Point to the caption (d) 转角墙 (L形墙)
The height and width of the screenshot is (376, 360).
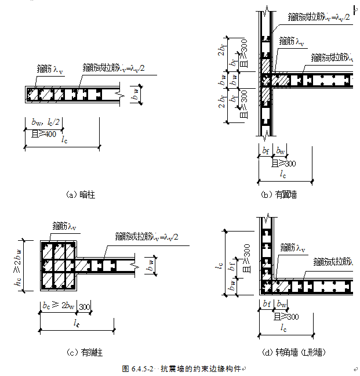pyautogui.click(x=293, y=352)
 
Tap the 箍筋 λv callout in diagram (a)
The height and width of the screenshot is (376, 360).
pyautogui.click(x=50, y=69)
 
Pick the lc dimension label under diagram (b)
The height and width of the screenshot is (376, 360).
pyautogui.click(x=282, y=173)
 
